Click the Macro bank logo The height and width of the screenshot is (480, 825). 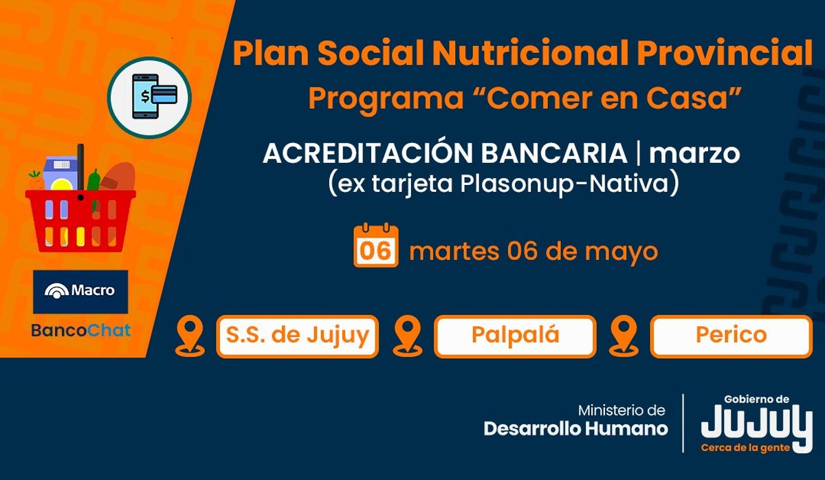[80, 292]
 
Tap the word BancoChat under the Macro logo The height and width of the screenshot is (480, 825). [81, 331]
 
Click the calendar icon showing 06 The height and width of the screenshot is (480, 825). [375, 245]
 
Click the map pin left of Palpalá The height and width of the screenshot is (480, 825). [407, 337]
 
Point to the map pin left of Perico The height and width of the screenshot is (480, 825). [624, 337]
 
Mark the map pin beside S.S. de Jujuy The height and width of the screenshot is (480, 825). [190, 337]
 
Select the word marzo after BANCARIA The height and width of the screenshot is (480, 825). [694, 153]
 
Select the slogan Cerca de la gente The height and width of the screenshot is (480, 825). [745, 448]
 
